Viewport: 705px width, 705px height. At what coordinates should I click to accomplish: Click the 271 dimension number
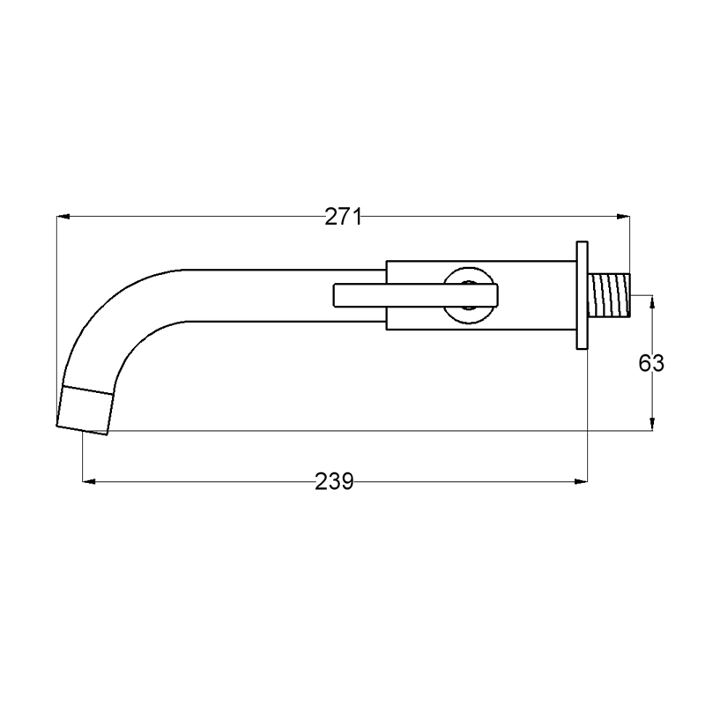point(343,217)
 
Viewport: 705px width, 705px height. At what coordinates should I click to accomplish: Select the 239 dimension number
point(334,481)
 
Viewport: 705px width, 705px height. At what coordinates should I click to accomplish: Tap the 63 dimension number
point(651,363)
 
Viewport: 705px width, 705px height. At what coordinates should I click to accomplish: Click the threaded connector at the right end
point(609,295)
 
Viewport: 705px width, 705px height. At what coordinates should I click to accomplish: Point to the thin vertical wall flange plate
point(583,295)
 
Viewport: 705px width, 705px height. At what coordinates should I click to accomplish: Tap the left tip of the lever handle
point(334,295)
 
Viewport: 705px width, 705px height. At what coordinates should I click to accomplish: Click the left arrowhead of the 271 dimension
point(63,217)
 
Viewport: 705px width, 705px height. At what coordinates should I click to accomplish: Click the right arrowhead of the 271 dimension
point(623,217)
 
